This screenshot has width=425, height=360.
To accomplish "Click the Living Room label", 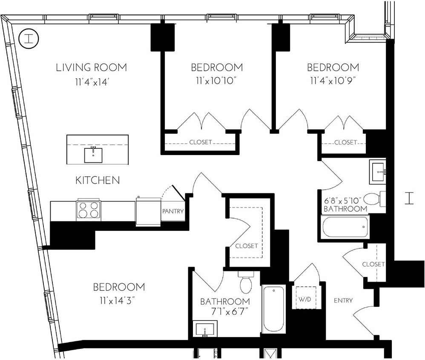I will point(92,67).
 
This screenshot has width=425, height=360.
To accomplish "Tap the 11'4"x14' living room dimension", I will point(92,82).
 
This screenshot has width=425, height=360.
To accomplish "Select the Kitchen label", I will point(98,180).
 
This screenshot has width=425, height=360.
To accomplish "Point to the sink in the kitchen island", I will point(93,154).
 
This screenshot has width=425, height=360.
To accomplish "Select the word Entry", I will point(343,300).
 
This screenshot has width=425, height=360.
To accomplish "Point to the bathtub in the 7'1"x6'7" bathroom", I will point(273,309).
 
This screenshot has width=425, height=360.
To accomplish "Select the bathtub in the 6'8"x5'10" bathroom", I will point(345,227).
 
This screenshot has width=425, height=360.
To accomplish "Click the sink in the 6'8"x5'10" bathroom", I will point(377,171).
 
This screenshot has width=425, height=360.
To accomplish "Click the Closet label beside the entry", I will point(373,264).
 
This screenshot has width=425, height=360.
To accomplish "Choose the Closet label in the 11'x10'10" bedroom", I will point(201,142).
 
